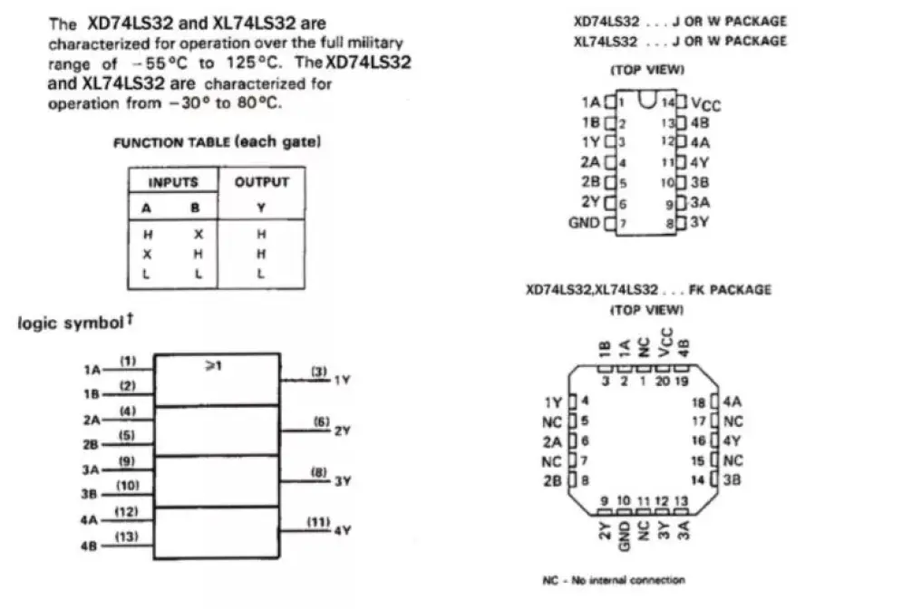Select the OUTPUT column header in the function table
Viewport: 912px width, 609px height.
(261, 182)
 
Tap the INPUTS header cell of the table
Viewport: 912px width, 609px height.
(173, 182)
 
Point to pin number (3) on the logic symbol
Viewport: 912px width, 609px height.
(319, 372)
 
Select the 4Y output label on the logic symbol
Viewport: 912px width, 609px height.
(342, 530)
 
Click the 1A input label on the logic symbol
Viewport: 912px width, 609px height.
(92, 370)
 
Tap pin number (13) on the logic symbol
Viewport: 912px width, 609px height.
(128, 538)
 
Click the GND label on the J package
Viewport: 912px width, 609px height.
(584, 222)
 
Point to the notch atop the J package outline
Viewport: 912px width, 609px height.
(646, 99)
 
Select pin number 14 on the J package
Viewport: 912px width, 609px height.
(668, 102)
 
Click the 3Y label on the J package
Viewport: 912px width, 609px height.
(700, 222)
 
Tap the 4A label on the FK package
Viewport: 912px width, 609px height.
(732, 401)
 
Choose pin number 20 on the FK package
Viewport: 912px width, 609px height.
(662, 382)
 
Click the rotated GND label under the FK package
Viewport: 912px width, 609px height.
(624, 536)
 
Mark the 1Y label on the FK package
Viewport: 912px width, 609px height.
(553, 401)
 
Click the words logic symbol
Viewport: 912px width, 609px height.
(70, 324)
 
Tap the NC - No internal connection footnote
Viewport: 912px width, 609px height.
(614, 579)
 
